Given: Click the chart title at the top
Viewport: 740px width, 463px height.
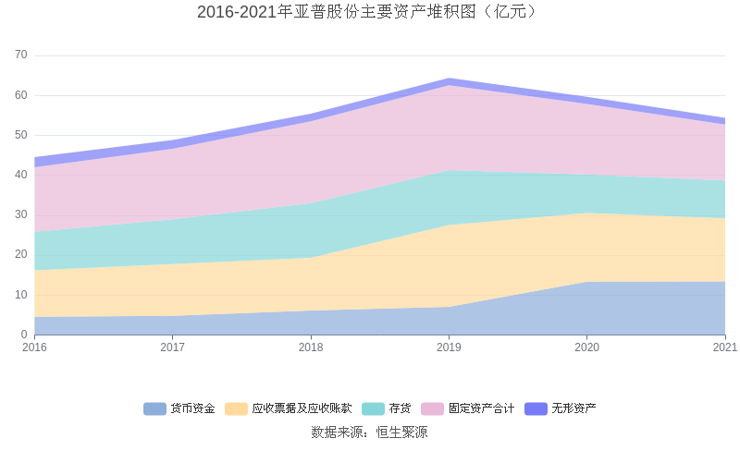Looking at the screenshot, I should [x=369, y=12].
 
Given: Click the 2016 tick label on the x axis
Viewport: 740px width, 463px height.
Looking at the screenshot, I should [x=34, y=347].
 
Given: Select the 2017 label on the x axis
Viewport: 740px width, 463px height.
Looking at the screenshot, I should [x=173, y=347].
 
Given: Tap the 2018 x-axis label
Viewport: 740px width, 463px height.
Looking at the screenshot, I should [x=311, y=347].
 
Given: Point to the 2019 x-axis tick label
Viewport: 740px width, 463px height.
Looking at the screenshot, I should [x=449, y=347].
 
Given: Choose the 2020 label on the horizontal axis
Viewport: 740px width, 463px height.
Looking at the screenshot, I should [x=586, y=347].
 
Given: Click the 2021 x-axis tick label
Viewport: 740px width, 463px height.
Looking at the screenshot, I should [x=724, y=347].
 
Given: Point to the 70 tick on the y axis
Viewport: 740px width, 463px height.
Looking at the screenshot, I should [x=21, y=55].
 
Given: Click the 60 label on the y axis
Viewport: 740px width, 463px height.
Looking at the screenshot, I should [x=21, y=95].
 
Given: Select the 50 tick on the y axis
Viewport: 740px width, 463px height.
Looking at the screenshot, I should [x=21, y=135].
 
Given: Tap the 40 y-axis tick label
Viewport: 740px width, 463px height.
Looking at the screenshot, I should [x=21, y=175].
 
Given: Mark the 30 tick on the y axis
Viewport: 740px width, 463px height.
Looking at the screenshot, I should [x=21, y=215].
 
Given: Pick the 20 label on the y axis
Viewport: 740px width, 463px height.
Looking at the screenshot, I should [x=21, y=255].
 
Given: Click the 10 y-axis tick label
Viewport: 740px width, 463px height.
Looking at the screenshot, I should [x=21, y=295].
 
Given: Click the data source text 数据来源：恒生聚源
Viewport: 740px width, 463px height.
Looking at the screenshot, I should [x=369, y=432].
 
